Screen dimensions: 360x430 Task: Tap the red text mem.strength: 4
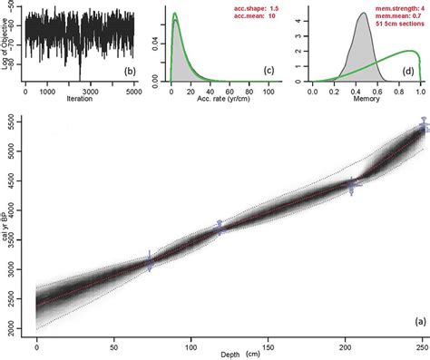pyautogui.click(x=393, y=6)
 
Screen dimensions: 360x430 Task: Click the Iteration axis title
pyautogui.click(x=79, y=101)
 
